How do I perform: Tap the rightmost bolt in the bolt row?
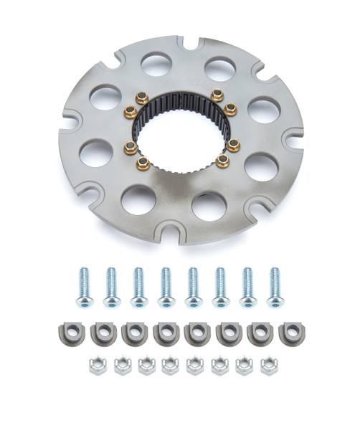click(x=274, y=287)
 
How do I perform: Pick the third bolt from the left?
click(x=138, y=286)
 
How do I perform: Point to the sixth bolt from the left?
click(x=220, y=287)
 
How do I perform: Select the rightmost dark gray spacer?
click(x=290, y=332)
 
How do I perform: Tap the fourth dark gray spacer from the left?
click(x=165, y=333)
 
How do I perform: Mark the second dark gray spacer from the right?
click(x=260, y=333)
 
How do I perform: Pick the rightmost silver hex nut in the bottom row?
click(x=269, y=366)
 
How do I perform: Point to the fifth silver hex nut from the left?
click(x=194, y=366)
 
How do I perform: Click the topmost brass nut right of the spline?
click(x=217, y=95)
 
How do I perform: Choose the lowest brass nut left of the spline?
click(x=143, y=163)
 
